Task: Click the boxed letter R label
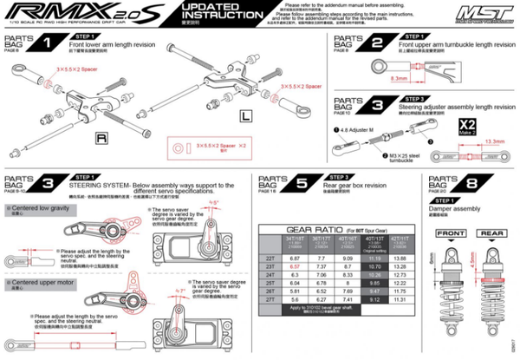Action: click(x=101, y=137)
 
